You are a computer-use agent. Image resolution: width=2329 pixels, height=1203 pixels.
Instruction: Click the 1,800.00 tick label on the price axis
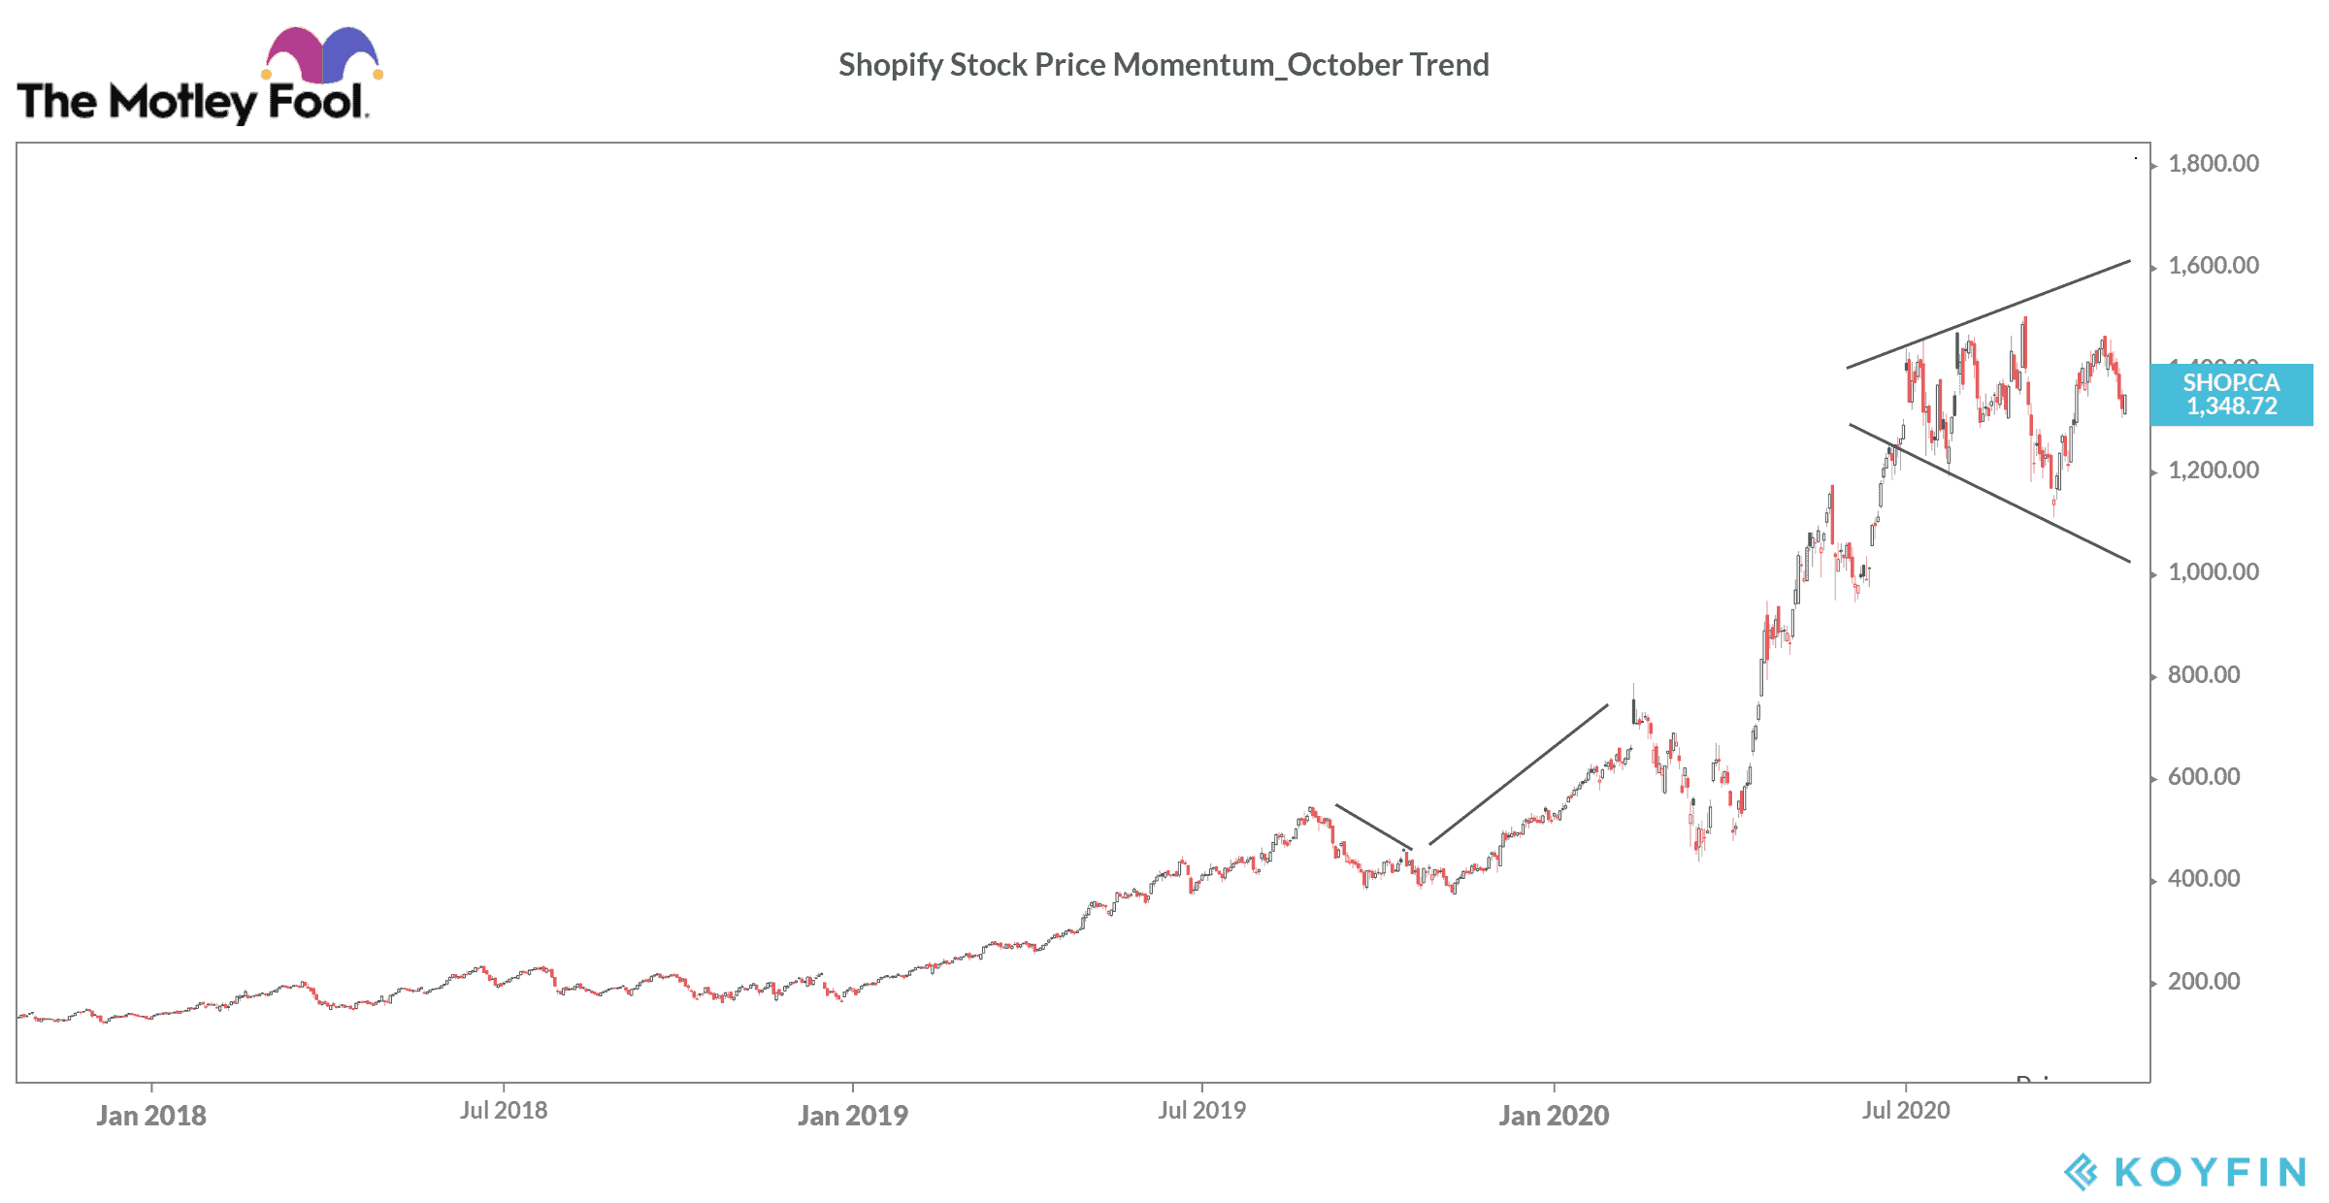pyautogui.click(x=2213, y=164)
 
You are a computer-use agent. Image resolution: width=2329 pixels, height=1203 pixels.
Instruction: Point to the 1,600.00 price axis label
pyautogui.click(x=2213, y=266)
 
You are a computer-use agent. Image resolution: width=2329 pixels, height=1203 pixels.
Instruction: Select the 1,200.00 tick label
pyautogui.click(x=2213, y=471)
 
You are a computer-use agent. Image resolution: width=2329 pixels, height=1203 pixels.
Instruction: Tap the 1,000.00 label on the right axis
pyautogui.click(x=2213, y=572)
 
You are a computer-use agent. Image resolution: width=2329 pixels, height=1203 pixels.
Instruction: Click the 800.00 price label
pyautogui.click(x=2203, y=675)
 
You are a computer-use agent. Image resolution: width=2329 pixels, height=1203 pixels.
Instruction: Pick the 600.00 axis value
pyautogui.click(x=2203, y=777)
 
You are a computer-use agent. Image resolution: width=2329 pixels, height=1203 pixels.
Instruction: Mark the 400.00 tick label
pyautogui.click(x=2203, y=879)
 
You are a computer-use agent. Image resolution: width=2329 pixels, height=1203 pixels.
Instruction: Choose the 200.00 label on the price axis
pyautogui.click(x=2203, y=982)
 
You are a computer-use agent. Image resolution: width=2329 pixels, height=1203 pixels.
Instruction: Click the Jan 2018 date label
pyautogui.click(x=151, y=1116)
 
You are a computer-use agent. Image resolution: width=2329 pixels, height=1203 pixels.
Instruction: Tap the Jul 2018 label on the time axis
pyautogui.click(x=504, y=1111)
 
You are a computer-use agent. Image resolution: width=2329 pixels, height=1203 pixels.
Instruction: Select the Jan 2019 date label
pyautogui.click(x=853, y=1116)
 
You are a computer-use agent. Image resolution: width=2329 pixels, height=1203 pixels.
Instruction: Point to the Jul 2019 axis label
pyautogui.click(x=1201, y=1111)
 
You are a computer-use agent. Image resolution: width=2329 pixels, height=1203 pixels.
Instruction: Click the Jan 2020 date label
pyautogui.click(x=1554, y=1116)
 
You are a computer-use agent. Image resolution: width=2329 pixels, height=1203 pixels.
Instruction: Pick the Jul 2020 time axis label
pyautogui.click(x=1906, y=1111)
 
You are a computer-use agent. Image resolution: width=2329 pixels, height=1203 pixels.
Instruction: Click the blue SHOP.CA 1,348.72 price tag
pyautogui.click(x=2231, y=395)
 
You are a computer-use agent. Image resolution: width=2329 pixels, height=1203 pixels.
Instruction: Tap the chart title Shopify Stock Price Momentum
pyautogui.click(x=1164, y=65)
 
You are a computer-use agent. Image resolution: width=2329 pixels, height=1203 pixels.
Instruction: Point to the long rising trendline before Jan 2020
pyautogui.click(x=1519, y=774)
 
